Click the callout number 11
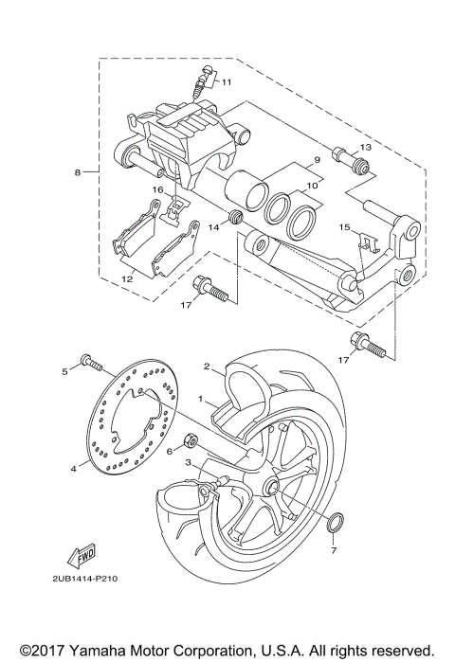coord(226,82)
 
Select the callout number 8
coord(78,172)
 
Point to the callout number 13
coord(367,149)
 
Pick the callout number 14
coord(214,226)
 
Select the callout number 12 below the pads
coord(127,279)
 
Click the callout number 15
coord(345,227)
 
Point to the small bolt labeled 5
coord(87,361)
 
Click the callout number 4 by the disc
coord(72,467)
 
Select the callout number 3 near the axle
coord(189,462)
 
